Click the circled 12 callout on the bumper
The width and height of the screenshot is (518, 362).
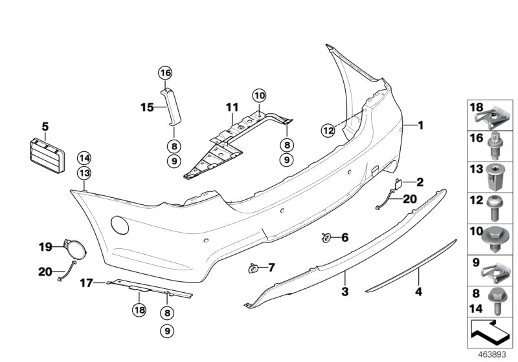click(329, 130)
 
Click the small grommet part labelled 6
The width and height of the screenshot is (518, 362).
click(326, 238)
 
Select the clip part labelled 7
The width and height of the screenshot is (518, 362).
click(254, 266)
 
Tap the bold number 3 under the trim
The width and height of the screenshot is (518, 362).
click(345, 292)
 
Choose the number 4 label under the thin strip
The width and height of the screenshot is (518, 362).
click(418, 292)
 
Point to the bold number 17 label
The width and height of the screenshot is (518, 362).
click(87, 282)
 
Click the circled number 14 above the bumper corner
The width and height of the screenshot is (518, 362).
click(84, 157)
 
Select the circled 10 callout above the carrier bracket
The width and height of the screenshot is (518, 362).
click(259, 96)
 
